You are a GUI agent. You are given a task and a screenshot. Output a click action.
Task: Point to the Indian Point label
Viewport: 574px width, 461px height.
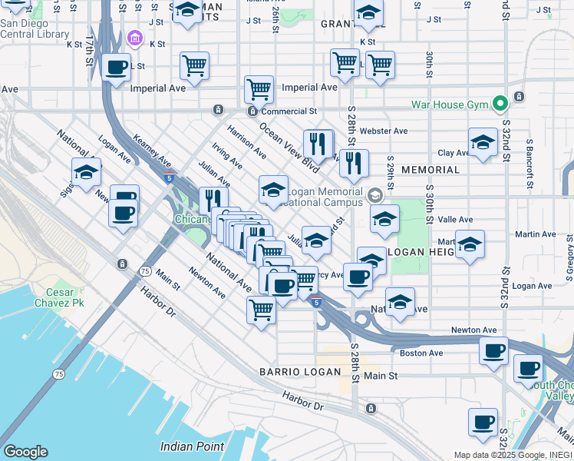tap(192, 446)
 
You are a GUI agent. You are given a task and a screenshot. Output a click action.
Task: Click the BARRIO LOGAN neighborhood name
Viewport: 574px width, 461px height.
tap(299, 372)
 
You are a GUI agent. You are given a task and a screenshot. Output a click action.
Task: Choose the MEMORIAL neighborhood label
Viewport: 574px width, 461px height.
tap(430, 170)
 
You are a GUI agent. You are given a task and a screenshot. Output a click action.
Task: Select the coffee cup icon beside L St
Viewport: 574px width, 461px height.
tap(117, 68)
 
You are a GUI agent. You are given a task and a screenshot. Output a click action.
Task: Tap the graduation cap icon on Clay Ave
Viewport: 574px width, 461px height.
tap(482, 143)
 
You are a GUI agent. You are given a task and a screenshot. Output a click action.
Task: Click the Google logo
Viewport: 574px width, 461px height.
tap(25, 452)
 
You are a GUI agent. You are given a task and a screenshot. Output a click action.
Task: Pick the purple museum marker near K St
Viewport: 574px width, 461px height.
tap(135, 38)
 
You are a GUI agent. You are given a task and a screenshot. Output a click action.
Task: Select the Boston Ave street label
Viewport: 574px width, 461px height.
tap(421, 353)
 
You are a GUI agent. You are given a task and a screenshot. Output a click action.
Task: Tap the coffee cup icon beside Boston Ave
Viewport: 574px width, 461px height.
tap(493, 351)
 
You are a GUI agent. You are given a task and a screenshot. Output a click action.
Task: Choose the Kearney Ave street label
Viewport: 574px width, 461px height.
tap(152, 151)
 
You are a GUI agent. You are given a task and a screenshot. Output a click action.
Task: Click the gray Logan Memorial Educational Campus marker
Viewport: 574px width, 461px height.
tap(374, 195)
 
